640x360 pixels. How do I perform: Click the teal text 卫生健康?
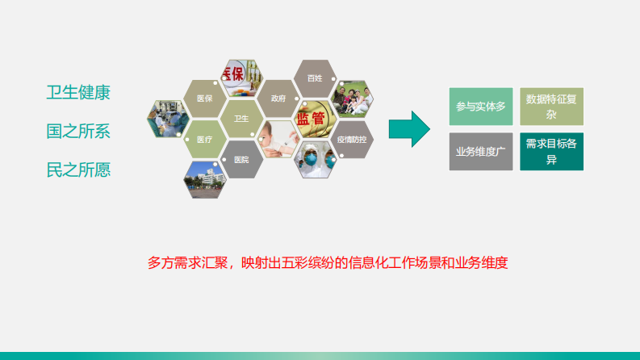78,92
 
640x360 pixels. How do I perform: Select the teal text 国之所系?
78,131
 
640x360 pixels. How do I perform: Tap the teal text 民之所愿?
78,170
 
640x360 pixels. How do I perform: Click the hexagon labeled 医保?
204,98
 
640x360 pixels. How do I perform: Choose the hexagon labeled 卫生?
241,119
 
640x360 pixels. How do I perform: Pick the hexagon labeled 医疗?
204,139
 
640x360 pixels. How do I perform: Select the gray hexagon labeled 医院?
241,159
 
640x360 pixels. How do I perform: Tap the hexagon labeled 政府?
278,98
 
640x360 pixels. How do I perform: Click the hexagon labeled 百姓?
314,78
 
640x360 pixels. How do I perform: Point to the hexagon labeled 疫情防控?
351,139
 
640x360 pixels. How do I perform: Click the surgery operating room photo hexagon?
167,119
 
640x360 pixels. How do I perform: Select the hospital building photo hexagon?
204,178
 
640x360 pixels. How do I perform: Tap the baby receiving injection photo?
277,139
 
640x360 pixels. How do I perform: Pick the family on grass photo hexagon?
351,98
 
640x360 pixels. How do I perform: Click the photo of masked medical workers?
314,159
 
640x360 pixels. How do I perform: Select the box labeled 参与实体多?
480,107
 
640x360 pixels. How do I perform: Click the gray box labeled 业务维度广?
480,151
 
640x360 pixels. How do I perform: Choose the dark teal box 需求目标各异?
551,151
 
